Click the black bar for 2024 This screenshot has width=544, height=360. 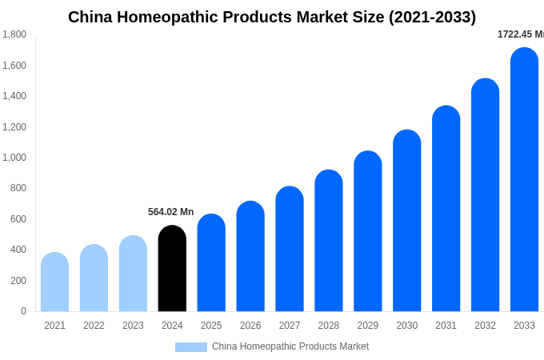172,269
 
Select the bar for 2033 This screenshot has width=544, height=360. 524,180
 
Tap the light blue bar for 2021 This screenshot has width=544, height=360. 54,282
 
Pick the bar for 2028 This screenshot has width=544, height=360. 329,241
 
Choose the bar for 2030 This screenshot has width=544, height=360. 406,221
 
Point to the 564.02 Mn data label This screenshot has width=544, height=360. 170,212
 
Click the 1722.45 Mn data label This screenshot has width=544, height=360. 520,34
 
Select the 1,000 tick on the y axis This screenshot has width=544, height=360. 14,158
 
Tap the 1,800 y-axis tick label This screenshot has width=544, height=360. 14,34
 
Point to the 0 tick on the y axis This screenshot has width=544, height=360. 23,311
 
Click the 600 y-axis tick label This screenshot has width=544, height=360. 18,219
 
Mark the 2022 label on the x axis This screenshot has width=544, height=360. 94,326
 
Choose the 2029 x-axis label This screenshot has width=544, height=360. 368,326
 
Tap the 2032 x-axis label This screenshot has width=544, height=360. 485,326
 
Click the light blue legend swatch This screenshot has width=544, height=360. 190,347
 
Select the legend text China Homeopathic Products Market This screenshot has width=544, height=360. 290,346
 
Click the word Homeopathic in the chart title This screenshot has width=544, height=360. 170,17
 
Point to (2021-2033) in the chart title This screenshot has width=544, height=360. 432,17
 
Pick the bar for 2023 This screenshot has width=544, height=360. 133,274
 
